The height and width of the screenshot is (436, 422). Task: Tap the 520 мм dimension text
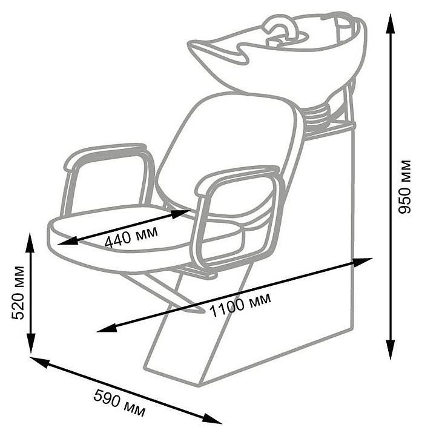click(18, 292)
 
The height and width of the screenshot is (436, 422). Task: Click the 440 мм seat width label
click(131, 236)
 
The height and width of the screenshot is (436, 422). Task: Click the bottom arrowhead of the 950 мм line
click(391, 351)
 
